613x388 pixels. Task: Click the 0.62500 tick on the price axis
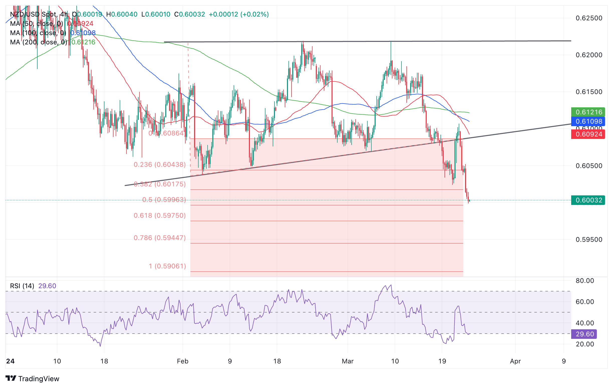[589, 18]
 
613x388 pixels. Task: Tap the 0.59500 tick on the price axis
[589, 240]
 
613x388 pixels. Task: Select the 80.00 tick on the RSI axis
[585, 281]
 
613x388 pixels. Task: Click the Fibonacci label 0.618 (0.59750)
[160, 216]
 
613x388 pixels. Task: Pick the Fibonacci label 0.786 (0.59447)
[160, 238]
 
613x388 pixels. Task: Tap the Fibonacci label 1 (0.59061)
[167, 266]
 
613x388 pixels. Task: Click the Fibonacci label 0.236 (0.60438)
[160, 165]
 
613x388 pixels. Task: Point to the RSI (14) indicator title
[22, 286]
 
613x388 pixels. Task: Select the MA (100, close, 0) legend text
[38, 33]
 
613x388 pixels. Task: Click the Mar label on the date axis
[348, 361]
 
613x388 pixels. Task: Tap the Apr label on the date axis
[515, 361]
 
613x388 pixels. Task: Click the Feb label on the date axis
[183, 361]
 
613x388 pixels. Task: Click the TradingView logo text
[39, 379]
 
